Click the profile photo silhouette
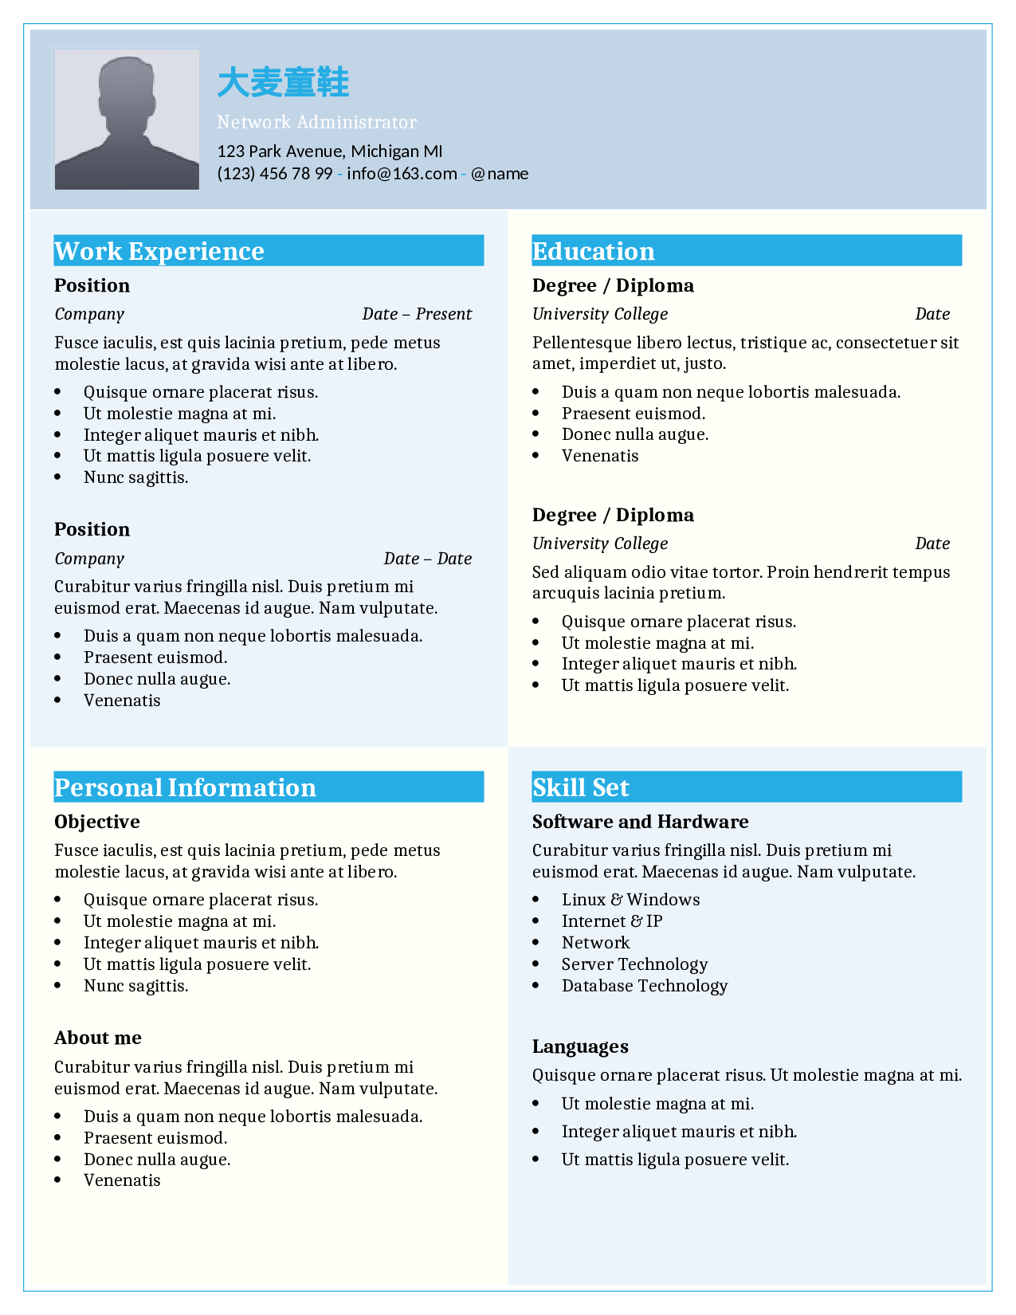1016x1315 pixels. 127,121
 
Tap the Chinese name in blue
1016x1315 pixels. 283,83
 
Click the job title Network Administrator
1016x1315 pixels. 316,122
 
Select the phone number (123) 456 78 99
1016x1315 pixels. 275,174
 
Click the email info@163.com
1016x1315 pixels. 402,174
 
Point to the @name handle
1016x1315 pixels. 500,174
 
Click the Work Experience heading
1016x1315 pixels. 159,251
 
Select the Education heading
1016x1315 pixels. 594,251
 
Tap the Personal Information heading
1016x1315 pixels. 186,787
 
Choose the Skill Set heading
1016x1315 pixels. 581,787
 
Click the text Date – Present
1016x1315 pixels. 417,314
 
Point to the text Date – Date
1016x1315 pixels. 428,559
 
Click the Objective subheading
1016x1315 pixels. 97,822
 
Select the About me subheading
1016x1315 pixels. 98,1038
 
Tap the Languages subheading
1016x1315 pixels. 580,1046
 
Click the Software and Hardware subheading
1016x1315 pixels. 641,822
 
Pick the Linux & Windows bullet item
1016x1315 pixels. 630,900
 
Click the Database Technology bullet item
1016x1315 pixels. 645,986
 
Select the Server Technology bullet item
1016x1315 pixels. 634,964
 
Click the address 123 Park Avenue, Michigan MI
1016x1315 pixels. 330,151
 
